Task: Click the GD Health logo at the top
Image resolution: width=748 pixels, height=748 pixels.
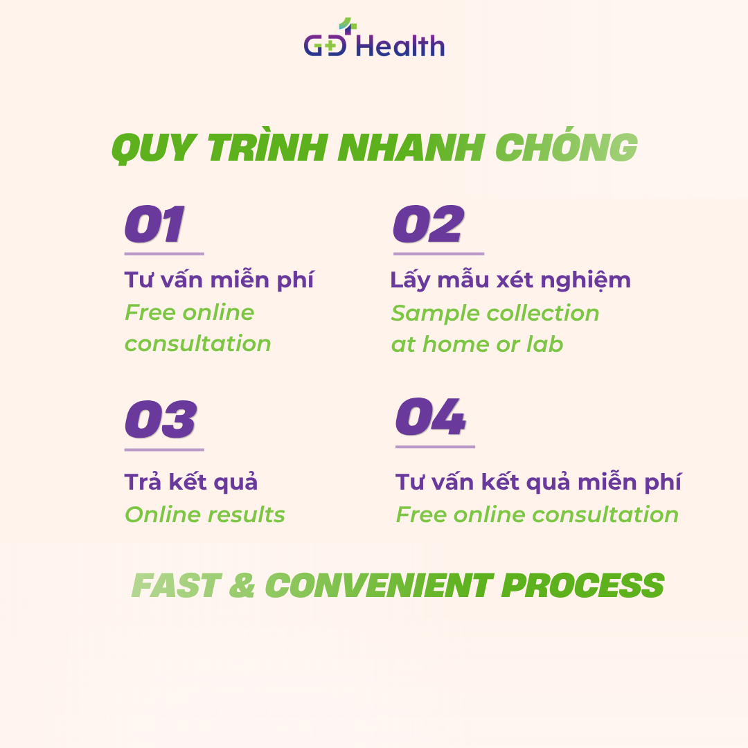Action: [375, 38]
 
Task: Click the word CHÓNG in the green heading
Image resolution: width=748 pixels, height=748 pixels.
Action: [567, 145]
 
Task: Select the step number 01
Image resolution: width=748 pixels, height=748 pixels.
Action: [154, 224]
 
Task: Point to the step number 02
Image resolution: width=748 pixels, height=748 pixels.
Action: [429, 224]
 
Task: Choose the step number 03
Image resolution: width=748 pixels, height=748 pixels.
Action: [161, 419]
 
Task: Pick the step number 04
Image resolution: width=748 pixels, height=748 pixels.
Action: [431, 416]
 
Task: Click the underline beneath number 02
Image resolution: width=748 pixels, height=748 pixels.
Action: [439, 253]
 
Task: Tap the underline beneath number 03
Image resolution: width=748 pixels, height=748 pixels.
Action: [164, 449]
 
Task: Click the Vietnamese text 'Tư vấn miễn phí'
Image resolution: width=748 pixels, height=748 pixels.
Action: [219, 280]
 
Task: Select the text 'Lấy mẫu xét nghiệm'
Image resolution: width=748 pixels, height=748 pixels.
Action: [510, 280]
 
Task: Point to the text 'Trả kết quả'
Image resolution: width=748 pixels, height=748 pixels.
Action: [191, 482]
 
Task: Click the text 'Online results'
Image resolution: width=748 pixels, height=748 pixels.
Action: [204, 515]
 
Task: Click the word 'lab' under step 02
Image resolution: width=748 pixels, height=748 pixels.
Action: [545, 344]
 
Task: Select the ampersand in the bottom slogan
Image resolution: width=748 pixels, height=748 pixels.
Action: [242, 585]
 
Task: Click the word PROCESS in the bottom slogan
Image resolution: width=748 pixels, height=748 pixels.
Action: [582, 585]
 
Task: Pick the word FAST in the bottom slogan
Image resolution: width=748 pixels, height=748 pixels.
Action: [176, 585]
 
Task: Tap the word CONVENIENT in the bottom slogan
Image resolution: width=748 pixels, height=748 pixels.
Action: [380, 585]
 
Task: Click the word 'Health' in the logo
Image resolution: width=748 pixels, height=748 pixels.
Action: [401, 46]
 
